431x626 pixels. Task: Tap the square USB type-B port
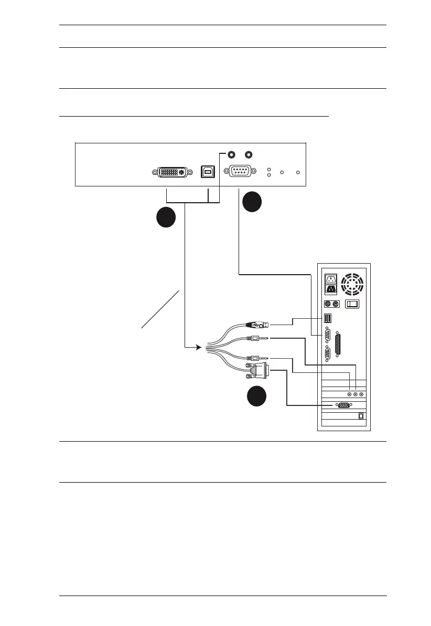(x=206, y=171)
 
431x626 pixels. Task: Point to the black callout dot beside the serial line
(x=251, y=202)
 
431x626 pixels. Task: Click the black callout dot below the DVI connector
(x=166, y=218)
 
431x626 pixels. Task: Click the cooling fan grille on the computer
(x=352, y=284)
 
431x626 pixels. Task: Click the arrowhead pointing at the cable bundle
(x=199, y=347)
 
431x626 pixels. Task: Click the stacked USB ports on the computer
(x=328, y=318)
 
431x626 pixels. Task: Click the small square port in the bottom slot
(x=361, y=415)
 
